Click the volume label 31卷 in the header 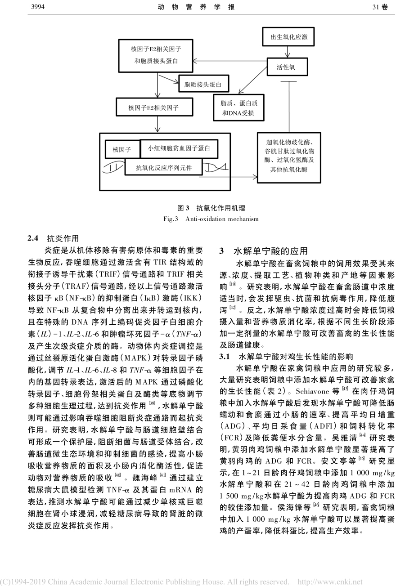click(x=380, y=7)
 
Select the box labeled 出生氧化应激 click(x=289, y=36)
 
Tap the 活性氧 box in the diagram click(x=286, y=68)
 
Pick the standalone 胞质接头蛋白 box click(x=203, y=84)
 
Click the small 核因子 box click(x=121, y=148)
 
